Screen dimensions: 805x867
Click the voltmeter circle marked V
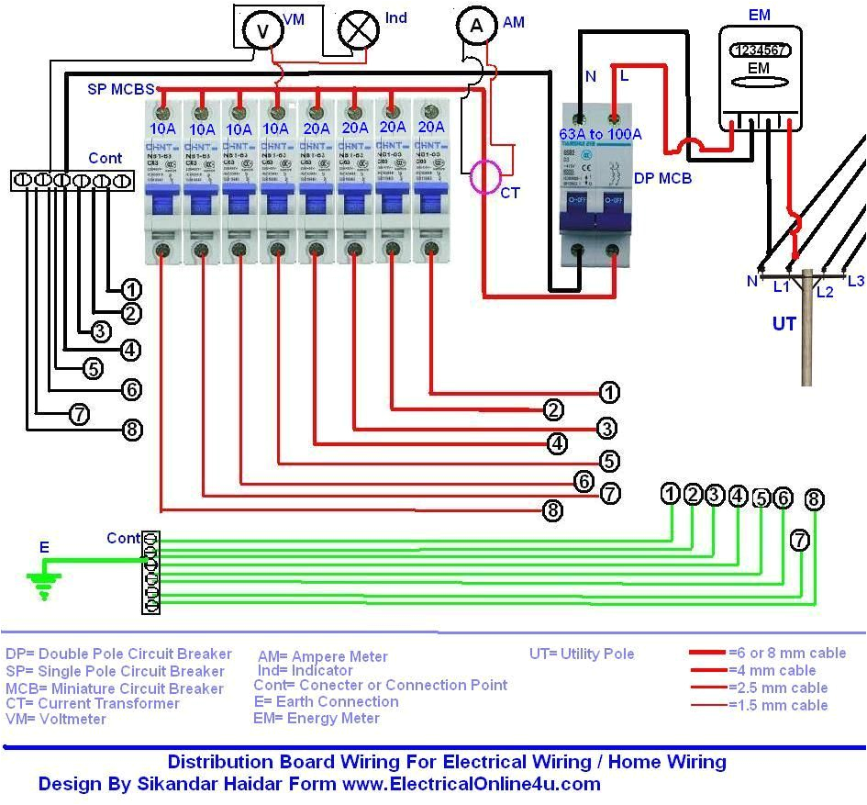tap(262, 31)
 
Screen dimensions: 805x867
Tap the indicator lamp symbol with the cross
tap(358, 28)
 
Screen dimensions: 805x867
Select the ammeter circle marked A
tap(476, 27)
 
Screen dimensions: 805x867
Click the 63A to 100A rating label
tap(601, 135)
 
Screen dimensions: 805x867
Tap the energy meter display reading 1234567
tap(758, 51)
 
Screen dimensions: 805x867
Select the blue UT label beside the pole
tap(784, 324)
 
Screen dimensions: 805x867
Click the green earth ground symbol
tap(43, 583)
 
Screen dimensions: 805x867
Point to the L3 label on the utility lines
tap(855, 281)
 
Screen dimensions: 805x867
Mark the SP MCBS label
tap(119, 89)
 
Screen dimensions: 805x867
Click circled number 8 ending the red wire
tap(552, 510)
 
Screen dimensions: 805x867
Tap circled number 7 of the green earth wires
tap(800, 541)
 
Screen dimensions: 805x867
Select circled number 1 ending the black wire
tap(131, 289)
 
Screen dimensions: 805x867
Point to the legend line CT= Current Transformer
tap(92, 703)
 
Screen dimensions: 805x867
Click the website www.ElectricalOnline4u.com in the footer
tap(471, 784)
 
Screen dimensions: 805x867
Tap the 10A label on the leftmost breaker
tap(163, 129)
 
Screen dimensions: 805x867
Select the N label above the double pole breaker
tap(590, 77)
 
